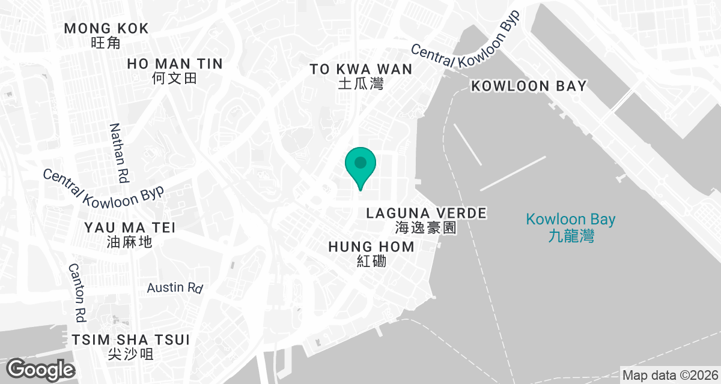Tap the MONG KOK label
106,28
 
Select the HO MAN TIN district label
175,64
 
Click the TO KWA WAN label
361,69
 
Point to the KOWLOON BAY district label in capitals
529,86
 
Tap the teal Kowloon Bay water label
571,220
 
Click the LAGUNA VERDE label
426,213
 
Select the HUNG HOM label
371,247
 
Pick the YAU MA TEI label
130,227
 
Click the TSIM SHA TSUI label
130,340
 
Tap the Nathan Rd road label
120,153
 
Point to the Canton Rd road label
78,292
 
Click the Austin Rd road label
175,287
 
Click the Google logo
40,368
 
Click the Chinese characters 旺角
106,43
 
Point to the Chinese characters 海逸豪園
426,228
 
